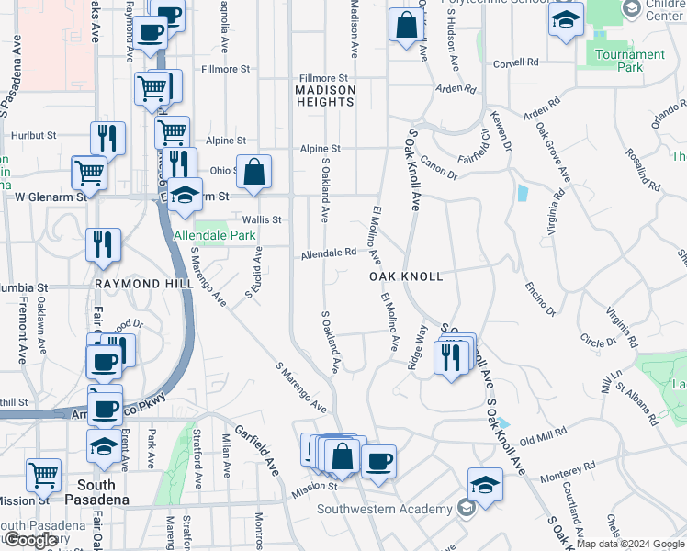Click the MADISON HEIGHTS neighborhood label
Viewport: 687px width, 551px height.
325,96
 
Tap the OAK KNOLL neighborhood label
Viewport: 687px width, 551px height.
406,276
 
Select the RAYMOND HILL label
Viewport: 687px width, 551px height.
143,285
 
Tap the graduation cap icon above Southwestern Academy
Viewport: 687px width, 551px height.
485,485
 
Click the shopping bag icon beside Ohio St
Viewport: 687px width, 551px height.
254,171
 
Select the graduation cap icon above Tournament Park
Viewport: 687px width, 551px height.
566,19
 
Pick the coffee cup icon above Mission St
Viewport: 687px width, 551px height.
377,461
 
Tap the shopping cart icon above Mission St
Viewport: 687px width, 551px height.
43,475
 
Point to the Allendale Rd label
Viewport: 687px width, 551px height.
328,252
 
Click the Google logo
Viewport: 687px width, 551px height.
31,540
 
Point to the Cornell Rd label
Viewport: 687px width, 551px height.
515,63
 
